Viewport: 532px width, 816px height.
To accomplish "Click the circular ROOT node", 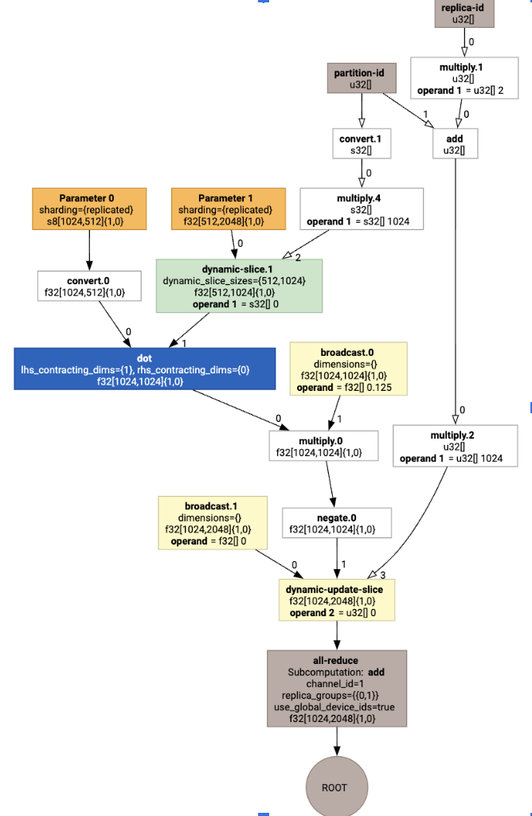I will pyautogui.click(x=336, y=787).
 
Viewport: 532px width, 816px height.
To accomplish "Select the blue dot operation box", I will pyautogui.click(x=144, y=369).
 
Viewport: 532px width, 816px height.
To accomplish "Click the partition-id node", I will pyautogui.click(x=362, y=79).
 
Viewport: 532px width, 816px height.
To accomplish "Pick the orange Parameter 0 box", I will pyautogui.click(x=89, y=209).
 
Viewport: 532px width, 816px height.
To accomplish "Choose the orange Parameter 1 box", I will pyautogui.click(x=228, y=209).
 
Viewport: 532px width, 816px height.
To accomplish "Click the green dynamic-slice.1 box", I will pyautogui.click(x=239, y=285).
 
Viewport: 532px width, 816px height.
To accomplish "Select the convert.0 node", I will pyautogui.click(x=89, y=286).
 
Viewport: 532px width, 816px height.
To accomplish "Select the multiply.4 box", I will pyautogui.click(x=362, y=209).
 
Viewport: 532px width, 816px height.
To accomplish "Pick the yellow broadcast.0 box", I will pyautogui.click(x=348, y=369).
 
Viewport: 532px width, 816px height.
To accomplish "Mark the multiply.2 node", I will pyautogui.click(x=452, y=447).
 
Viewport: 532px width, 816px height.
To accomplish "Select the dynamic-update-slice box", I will pyautogui.click(x=337, y=600).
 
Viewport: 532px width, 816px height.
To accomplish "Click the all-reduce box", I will pyautogui.click(x=336, y=689).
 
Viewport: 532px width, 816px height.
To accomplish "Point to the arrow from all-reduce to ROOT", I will pyautogui.click(x=336, y=741).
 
